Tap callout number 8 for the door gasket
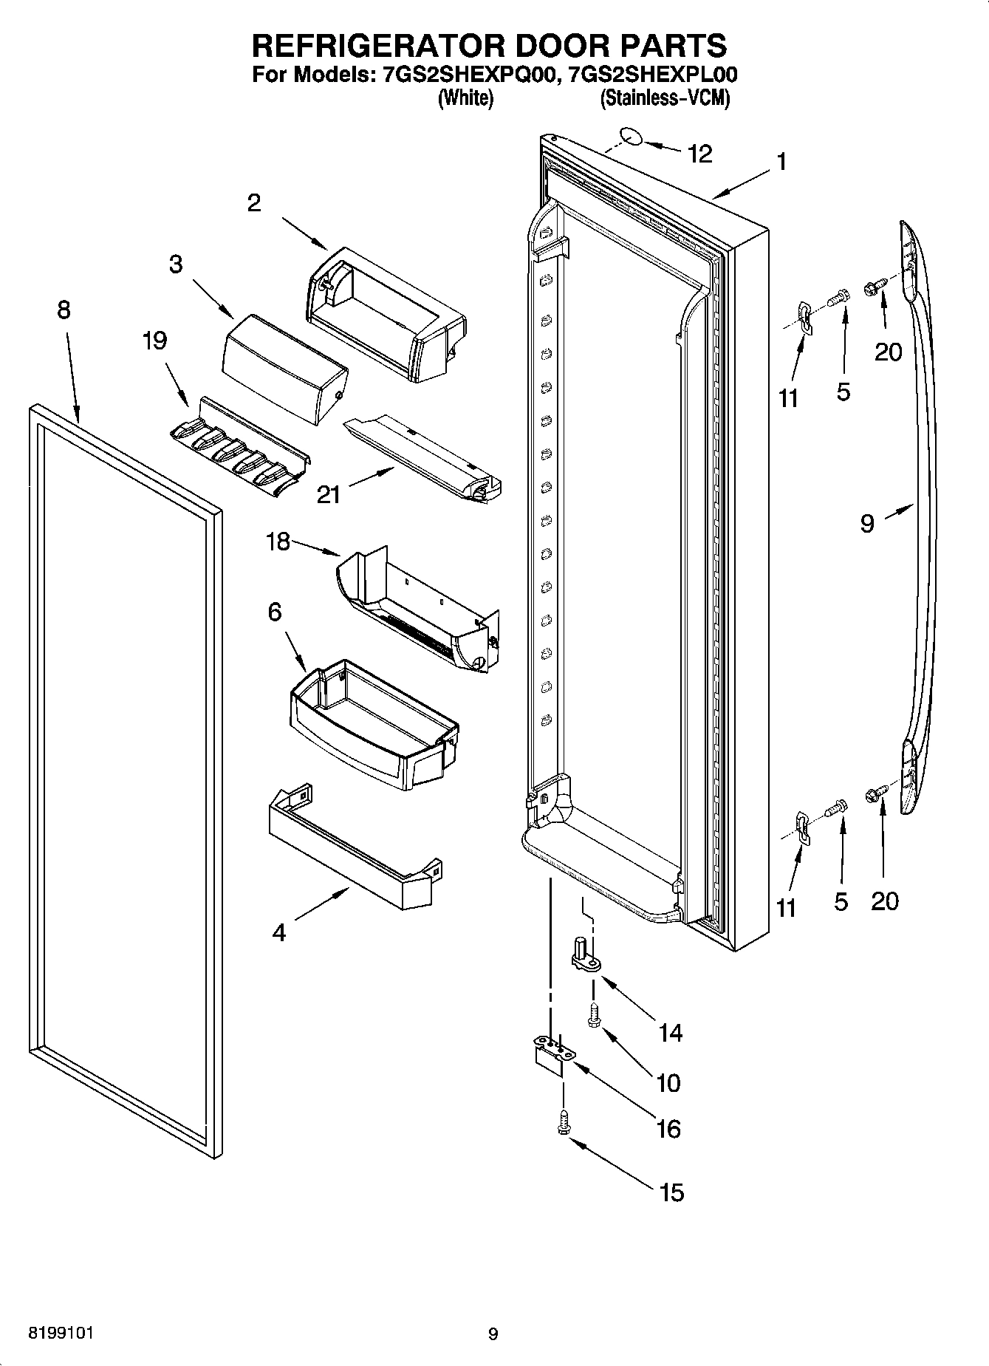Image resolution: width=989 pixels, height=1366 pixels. tap(64, 310)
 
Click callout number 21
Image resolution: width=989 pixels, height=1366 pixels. tap(328, 494)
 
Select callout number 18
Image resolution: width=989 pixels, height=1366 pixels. tap(278, 542)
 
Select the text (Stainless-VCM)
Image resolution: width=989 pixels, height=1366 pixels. tap(665, 98)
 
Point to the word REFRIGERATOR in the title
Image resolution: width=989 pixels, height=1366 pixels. tap(377, 45)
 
